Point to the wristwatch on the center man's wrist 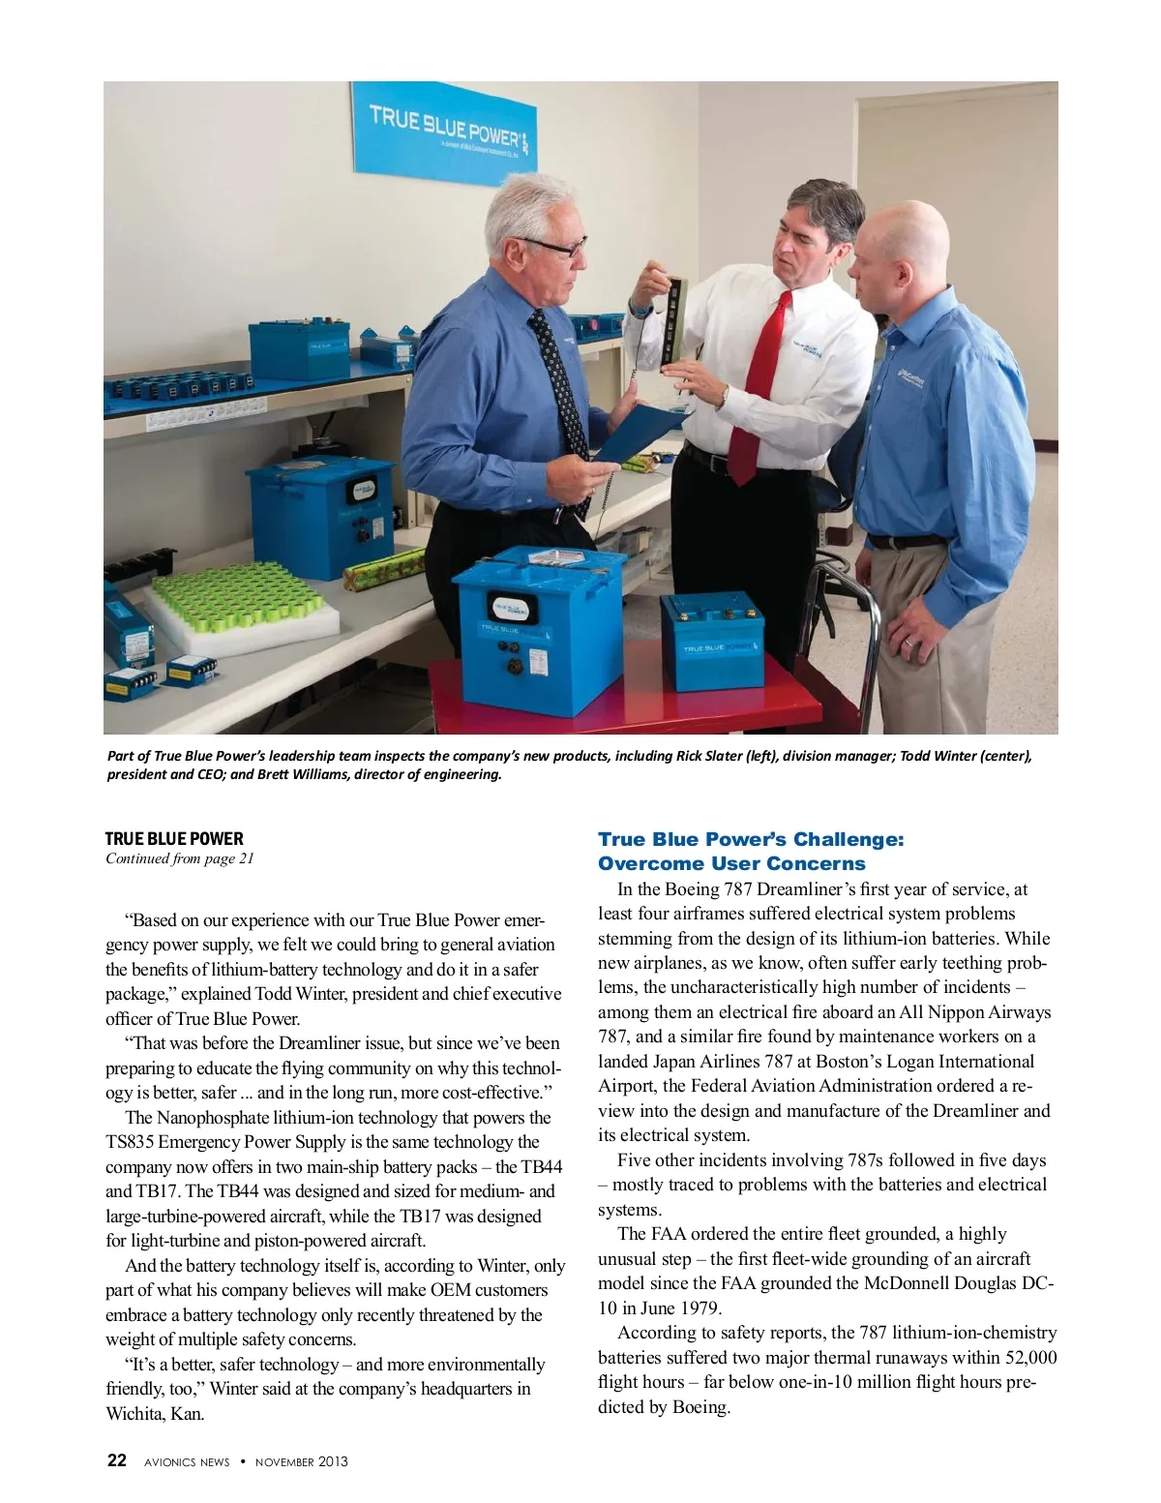click(x=724, y=395)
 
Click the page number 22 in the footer click(x=116, y=1461)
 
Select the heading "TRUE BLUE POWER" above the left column click(x=174, y=839)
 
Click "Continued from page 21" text click(x=180, y=859)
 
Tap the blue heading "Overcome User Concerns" click(x=731, y=863)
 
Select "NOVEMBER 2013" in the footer click(x=301, y=1462)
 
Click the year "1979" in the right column click(x=700, y=1308)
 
